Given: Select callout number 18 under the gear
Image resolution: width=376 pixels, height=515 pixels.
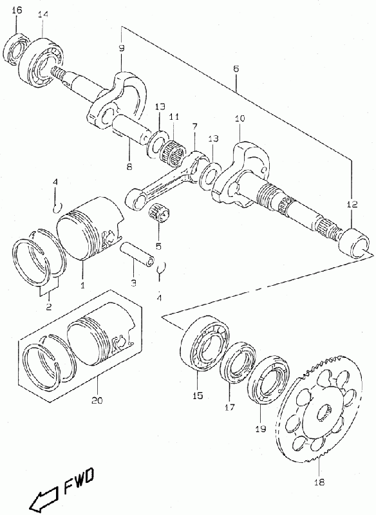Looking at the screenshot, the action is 319,482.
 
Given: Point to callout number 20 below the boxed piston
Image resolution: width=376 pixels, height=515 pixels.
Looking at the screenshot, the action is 97,400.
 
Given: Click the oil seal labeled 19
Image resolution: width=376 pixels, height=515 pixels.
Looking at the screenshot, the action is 268,379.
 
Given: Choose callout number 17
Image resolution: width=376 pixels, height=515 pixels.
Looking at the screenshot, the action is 230,407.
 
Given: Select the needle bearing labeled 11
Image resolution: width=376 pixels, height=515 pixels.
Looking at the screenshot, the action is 173,151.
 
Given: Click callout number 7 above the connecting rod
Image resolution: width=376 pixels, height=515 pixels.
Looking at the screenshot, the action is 194,126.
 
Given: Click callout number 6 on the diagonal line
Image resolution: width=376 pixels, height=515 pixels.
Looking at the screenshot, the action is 236,69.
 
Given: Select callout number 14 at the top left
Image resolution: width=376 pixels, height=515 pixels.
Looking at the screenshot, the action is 42,14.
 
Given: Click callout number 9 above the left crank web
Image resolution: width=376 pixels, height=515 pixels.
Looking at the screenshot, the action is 122,48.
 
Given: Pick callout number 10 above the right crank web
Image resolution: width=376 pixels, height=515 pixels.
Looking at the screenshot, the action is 240,118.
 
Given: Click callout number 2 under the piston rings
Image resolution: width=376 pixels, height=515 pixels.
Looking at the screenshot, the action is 48,307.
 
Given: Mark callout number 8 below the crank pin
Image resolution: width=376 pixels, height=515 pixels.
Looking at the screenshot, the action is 129,167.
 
